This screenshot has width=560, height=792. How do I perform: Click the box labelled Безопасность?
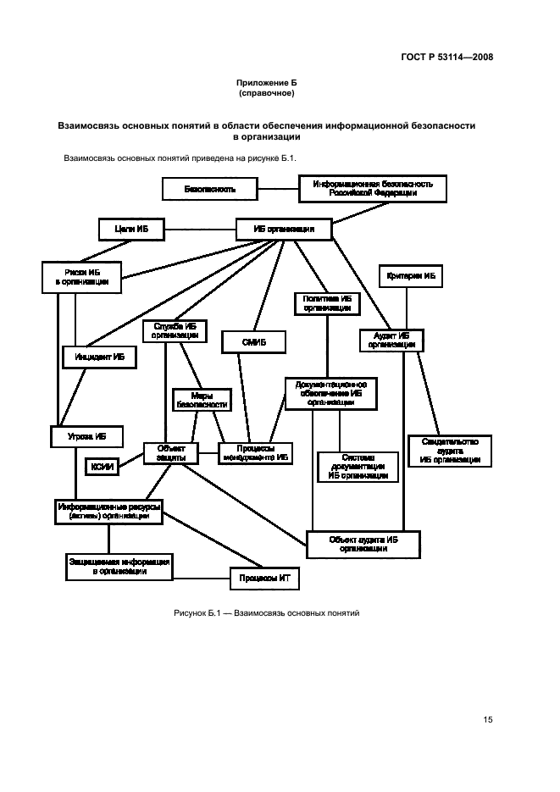[210, 189]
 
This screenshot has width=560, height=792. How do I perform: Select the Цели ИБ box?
[130, 229]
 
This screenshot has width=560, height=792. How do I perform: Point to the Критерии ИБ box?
[410, 276]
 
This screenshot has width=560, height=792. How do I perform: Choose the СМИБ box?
[254, 342]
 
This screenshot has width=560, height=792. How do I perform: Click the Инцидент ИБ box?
[99, 358]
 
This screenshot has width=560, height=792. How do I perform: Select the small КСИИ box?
[102, 466]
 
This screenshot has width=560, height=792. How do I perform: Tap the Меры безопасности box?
[201, 400]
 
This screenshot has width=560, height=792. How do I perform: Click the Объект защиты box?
[170, 453]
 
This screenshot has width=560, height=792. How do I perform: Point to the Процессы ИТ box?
[265, 579]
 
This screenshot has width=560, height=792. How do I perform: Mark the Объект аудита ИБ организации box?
[363, 543]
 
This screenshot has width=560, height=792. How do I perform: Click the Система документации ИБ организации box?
[358, 467]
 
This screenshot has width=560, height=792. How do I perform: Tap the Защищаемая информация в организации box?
[119, 566]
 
